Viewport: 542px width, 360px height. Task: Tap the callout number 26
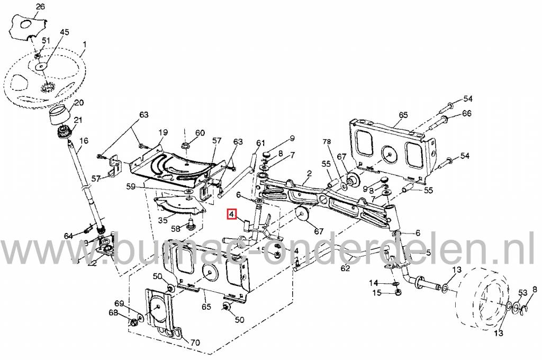pyautogui.click(x=40, y=7)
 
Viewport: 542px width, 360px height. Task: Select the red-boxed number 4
pyautogui.click(x=231, y=214)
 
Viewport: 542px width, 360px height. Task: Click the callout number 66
pyautogui.click(x=466, y=113)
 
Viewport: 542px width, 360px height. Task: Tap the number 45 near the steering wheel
pyautogui.click(x=64, y=32)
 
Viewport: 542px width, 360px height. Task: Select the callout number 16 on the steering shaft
pyautogui.click(x=84, y=141)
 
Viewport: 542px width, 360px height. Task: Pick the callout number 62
pyautogui.click(x=345, y=268)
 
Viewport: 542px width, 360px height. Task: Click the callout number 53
pyautogui.click(x=522, y=293)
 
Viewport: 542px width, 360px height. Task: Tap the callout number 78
pyautogui.click(x=327, y=142)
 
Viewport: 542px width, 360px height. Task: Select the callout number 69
pyautogui.click(x=119, y=303)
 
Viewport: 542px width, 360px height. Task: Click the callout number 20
pyautogui.click(x=78, y=102)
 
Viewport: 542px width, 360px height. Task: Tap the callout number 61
pyautogui.click(x=260, y=143)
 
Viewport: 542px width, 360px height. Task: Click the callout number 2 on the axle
pyautogui.click(x=309, y=173)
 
